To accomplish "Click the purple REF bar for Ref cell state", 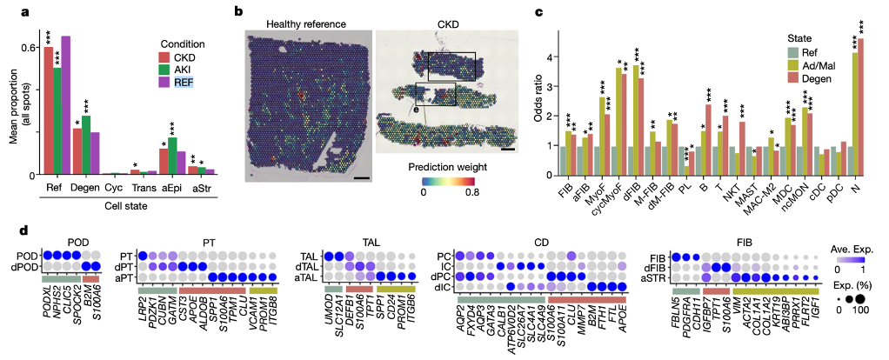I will (65, 104).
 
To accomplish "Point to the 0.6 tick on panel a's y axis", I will (32, 47).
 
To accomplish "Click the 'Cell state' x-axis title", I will (124, 204).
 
